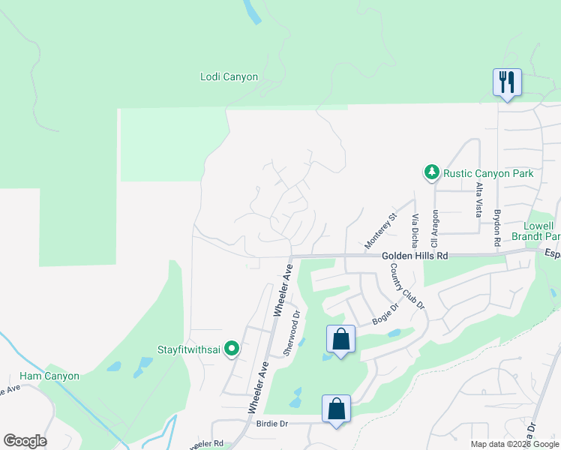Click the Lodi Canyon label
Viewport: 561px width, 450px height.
[229, 76]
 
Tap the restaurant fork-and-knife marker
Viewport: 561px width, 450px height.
[507, 81]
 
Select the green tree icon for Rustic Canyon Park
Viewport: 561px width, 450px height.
[432, 173]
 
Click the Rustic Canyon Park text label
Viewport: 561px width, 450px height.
[487, 173]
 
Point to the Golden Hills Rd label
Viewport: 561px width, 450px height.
[415, 256]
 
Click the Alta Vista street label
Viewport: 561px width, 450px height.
[478, 198]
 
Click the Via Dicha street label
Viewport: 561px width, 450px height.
[415, 229]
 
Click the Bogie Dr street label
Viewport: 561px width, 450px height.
[385, 313]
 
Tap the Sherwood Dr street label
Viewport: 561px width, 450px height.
[292, 332]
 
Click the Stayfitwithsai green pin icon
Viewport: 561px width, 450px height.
[232, 348]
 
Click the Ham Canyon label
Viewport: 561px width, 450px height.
[49, 376]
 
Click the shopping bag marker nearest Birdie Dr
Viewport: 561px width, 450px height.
[336, 409]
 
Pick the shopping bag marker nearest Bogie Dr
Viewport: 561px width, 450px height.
[340, 339]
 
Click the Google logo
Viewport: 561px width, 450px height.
[25, 441]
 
